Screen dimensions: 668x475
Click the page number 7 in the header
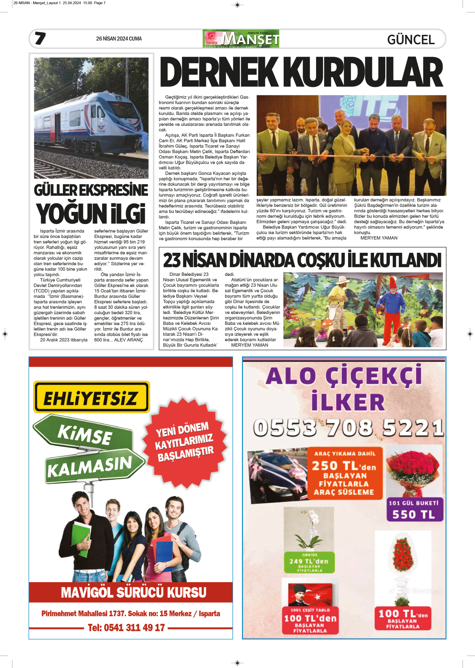pos(40,38)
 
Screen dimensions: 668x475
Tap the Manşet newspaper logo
pos(241,39)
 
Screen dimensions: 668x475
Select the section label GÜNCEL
pos(411,40)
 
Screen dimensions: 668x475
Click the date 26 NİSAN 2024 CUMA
pos(119,39)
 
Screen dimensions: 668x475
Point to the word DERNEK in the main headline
pos(219,73)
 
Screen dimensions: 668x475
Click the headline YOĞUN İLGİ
pos(91,214)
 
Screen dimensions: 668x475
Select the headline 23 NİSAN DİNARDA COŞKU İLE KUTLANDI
pos(302,261)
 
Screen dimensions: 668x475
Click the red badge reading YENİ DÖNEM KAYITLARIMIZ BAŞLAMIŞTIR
pos(185,442)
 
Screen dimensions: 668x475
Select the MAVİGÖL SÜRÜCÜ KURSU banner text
pos(133,592)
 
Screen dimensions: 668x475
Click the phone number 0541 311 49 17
pos(126,628)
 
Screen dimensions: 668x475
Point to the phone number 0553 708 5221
pos(348,428)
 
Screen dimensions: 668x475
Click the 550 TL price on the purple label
pos(414,514)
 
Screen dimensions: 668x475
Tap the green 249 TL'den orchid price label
pos(309,562)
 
